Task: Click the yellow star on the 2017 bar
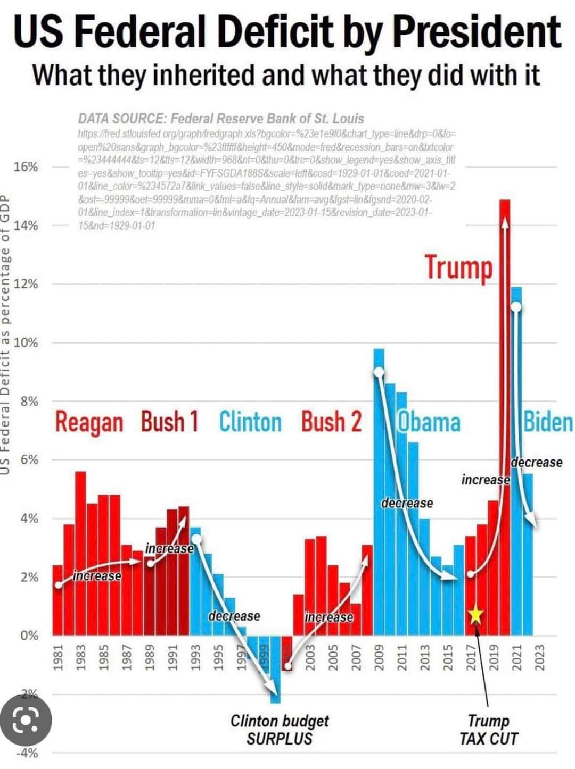pyautogui.click(x=475, y=615)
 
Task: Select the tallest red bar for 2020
pyautogui.click(x=505, y=372)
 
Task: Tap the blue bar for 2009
pyautogui.click(x=379, y=479)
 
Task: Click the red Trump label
pyautogui.click(x=458, y=268)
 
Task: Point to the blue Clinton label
pyautogui.click(x=250, y=422)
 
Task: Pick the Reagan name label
pyautogui.click(x=89, y=423)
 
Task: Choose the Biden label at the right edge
pyautogui.click(x=548, y=423)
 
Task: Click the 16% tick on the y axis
pyautogui.click(x=26, y=167)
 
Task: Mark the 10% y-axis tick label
pyautogui.click(x=26, y=342)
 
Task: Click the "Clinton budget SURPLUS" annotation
pyautogui.click(x=280, y=730)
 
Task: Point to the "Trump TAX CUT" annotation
pyautogui.click(x=489, y=730)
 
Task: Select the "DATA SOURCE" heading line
pyautogui.click(x=221, y=119)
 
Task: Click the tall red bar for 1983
pyautogui.click(x=80, y=553)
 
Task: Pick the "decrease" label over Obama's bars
pyautogui.click(x=407, y=503)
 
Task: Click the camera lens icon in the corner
pyautogui.click(x=26, y=720)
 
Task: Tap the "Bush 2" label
pyautogui.click(x=331, y=422)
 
